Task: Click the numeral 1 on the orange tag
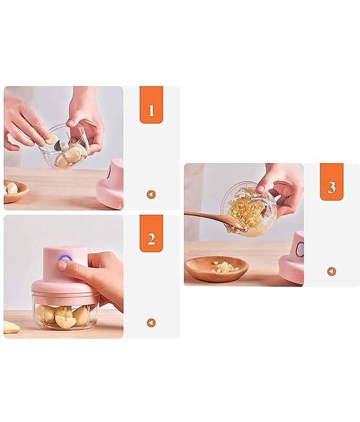(151, 110)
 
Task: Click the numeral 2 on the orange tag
(151, 239)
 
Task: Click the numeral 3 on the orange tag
(332, 187)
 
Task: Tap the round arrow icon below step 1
(151, 194)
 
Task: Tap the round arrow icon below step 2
(151, 323)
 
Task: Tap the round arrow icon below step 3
(332, 271)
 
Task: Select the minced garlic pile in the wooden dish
(224, 267)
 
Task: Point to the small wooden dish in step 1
(16, 190)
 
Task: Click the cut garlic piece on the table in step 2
(11, 327)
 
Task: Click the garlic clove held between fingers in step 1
(52, 140)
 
